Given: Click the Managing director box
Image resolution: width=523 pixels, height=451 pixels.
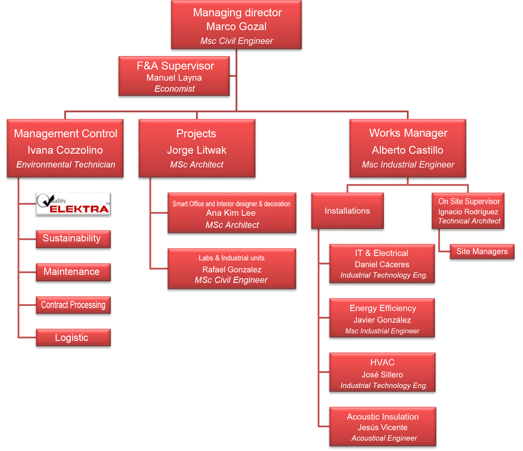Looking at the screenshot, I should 236,25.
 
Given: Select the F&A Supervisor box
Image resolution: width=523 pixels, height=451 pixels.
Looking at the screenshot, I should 174,76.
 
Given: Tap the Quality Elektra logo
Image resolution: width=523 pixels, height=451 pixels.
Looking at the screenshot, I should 73,204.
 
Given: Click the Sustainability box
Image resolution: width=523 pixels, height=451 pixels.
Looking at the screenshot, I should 73,239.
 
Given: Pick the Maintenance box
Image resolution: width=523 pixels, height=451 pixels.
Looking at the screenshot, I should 73,272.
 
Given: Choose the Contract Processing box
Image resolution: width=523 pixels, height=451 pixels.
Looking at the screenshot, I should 73,305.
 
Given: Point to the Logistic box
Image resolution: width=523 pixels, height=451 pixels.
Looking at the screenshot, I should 73,337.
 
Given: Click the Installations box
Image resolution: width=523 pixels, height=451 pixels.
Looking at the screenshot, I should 347,211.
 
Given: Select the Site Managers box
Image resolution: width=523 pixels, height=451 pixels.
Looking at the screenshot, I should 482,252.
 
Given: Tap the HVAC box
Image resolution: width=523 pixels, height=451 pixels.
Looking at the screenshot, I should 382,372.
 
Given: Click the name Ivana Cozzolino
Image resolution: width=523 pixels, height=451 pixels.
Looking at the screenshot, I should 65,150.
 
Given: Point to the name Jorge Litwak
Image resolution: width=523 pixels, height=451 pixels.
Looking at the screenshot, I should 197,150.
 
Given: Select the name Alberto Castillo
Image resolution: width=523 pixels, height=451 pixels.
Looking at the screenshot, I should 407,150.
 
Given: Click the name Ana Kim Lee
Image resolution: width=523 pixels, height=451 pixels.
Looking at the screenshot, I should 231,213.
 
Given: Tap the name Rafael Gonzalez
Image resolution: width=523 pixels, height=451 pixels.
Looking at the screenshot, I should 232,270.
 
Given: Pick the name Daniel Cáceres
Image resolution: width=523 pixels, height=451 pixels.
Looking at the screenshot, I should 382,265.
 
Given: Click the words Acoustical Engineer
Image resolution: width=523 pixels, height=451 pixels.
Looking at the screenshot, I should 384,438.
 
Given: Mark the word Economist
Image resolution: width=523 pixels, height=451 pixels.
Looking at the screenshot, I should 174,89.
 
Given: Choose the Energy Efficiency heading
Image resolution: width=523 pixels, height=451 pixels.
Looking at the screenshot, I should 383,308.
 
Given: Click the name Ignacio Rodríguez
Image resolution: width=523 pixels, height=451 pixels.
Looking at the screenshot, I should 468,212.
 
